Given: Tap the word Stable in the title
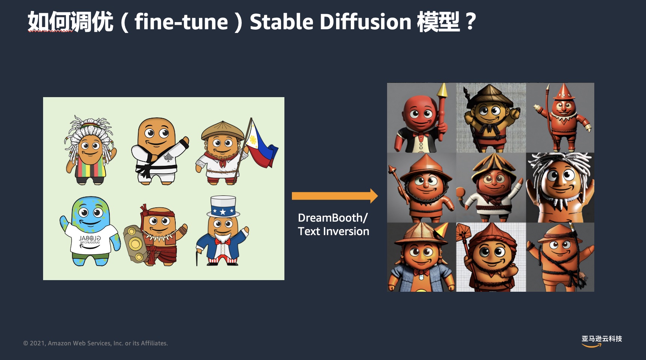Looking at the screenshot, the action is click(281, 22).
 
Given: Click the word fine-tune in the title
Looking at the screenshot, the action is click(181, 22).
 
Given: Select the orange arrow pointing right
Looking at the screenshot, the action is click(335, 196).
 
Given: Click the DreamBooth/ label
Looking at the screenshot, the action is click(333, 217).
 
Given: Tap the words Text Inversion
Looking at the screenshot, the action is click(333, 231).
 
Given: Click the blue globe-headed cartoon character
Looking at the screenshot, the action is click(90, 231).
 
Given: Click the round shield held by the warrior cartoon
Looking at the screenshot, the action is click(134, 243).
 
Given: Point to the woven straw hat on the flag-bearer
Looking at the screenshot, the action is click(222, 130).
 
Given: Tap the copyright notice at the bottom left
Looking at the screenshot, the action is click(96, 343).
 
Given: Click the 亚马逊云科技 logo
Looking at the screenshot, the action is click(601, 340).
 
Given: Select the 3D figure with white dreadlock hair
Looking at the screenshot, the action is click(560, 187).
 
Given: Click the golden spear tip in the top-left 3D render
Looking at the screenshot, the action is click(443, 90).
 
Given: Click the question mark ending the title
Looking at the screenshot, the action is click(471, 22).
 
